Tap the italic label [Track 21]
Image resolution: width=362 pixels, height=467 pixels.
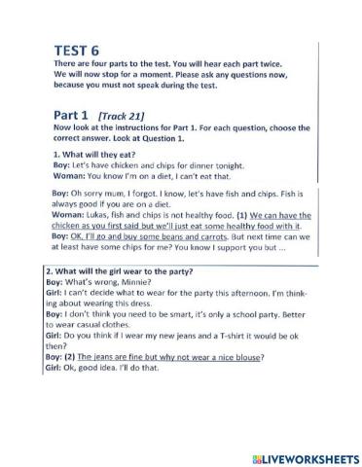tap(122, 116)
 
